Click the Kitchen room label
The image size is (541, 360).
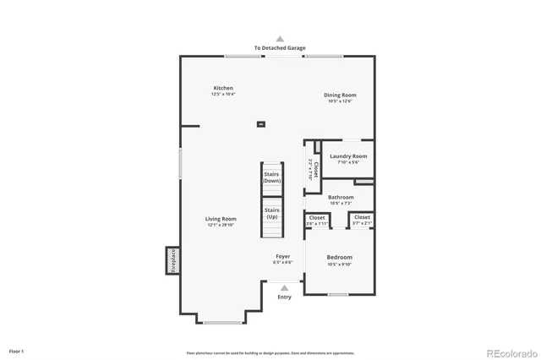[223, 88]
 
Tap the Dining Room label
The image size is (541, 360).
[340, 95]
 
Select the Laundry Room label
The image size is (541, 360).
[347, 156]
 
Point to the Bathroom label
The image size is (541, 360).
[341, 198]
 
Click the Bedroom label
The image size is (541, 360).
[340, 257]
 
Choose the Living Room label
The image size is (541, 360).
[221, 219]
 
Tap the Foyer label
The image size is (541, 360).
[282, 256]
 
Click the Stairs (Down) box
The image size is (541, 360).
[271, 178]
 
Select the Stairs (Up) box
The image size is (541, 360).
[272, 214]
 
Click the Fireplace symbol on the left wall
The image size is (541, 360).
[170, 259]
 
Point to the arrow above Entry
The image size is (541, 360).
[284, 288]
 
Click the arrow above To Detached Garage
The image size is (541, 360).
[280, 39]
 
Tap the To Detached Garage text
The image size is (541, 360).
[280, 48]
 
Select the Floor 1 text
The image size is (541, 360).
[17, 351]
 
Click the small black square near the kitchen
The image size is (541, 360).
[260, 124]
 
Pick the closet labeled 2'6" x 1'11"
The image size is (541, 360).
[317, 220]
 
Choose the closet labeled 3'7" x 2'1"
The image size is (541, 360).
[362, 220]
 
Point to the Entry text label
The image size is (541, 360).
[284, 297]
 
